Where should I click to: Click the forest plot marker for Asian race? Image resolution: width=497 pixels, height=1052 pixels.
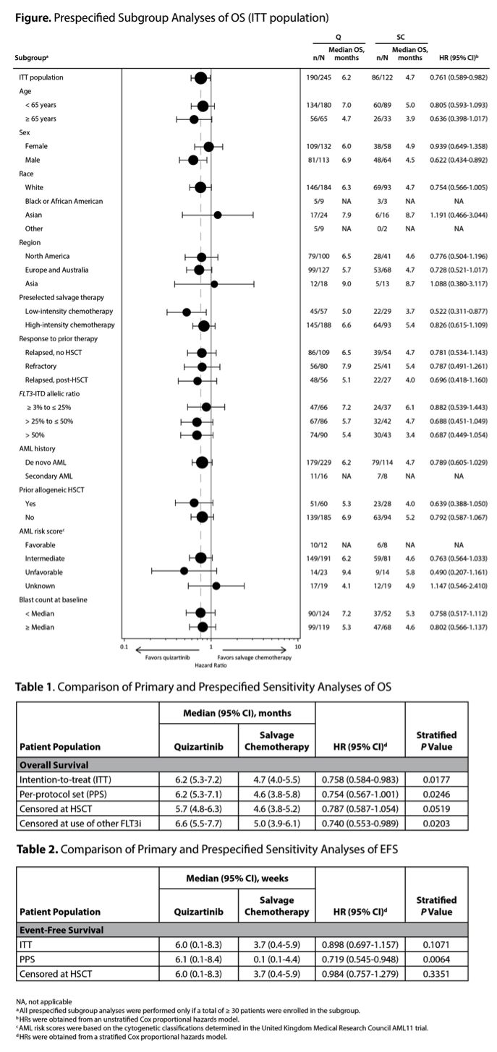217,215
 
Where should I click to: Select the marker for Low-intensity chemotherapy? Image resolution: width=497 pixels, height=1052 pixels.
187,312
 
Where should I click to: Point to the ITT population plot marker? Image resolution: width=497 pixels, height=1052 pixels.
200,77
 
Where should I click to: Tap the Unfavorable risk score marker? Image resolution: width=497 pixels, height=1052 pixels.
184,571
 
